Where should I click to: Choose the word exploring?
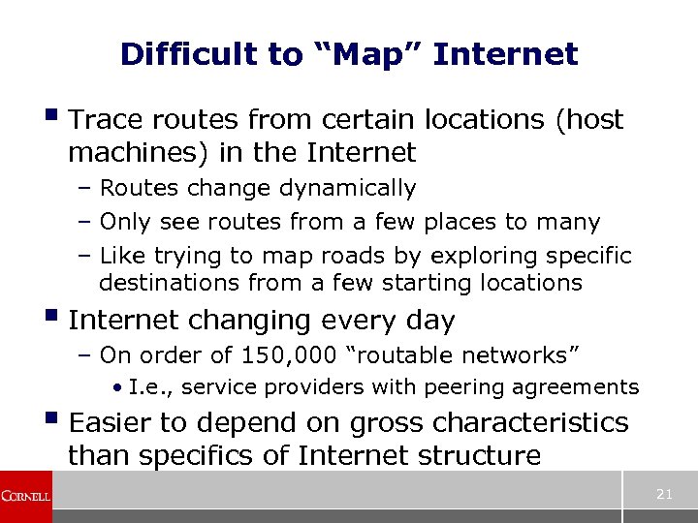[456, 257]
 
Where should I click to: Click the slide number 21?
[664, 494]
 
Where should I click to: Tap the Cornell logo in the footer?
[25, 496]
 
